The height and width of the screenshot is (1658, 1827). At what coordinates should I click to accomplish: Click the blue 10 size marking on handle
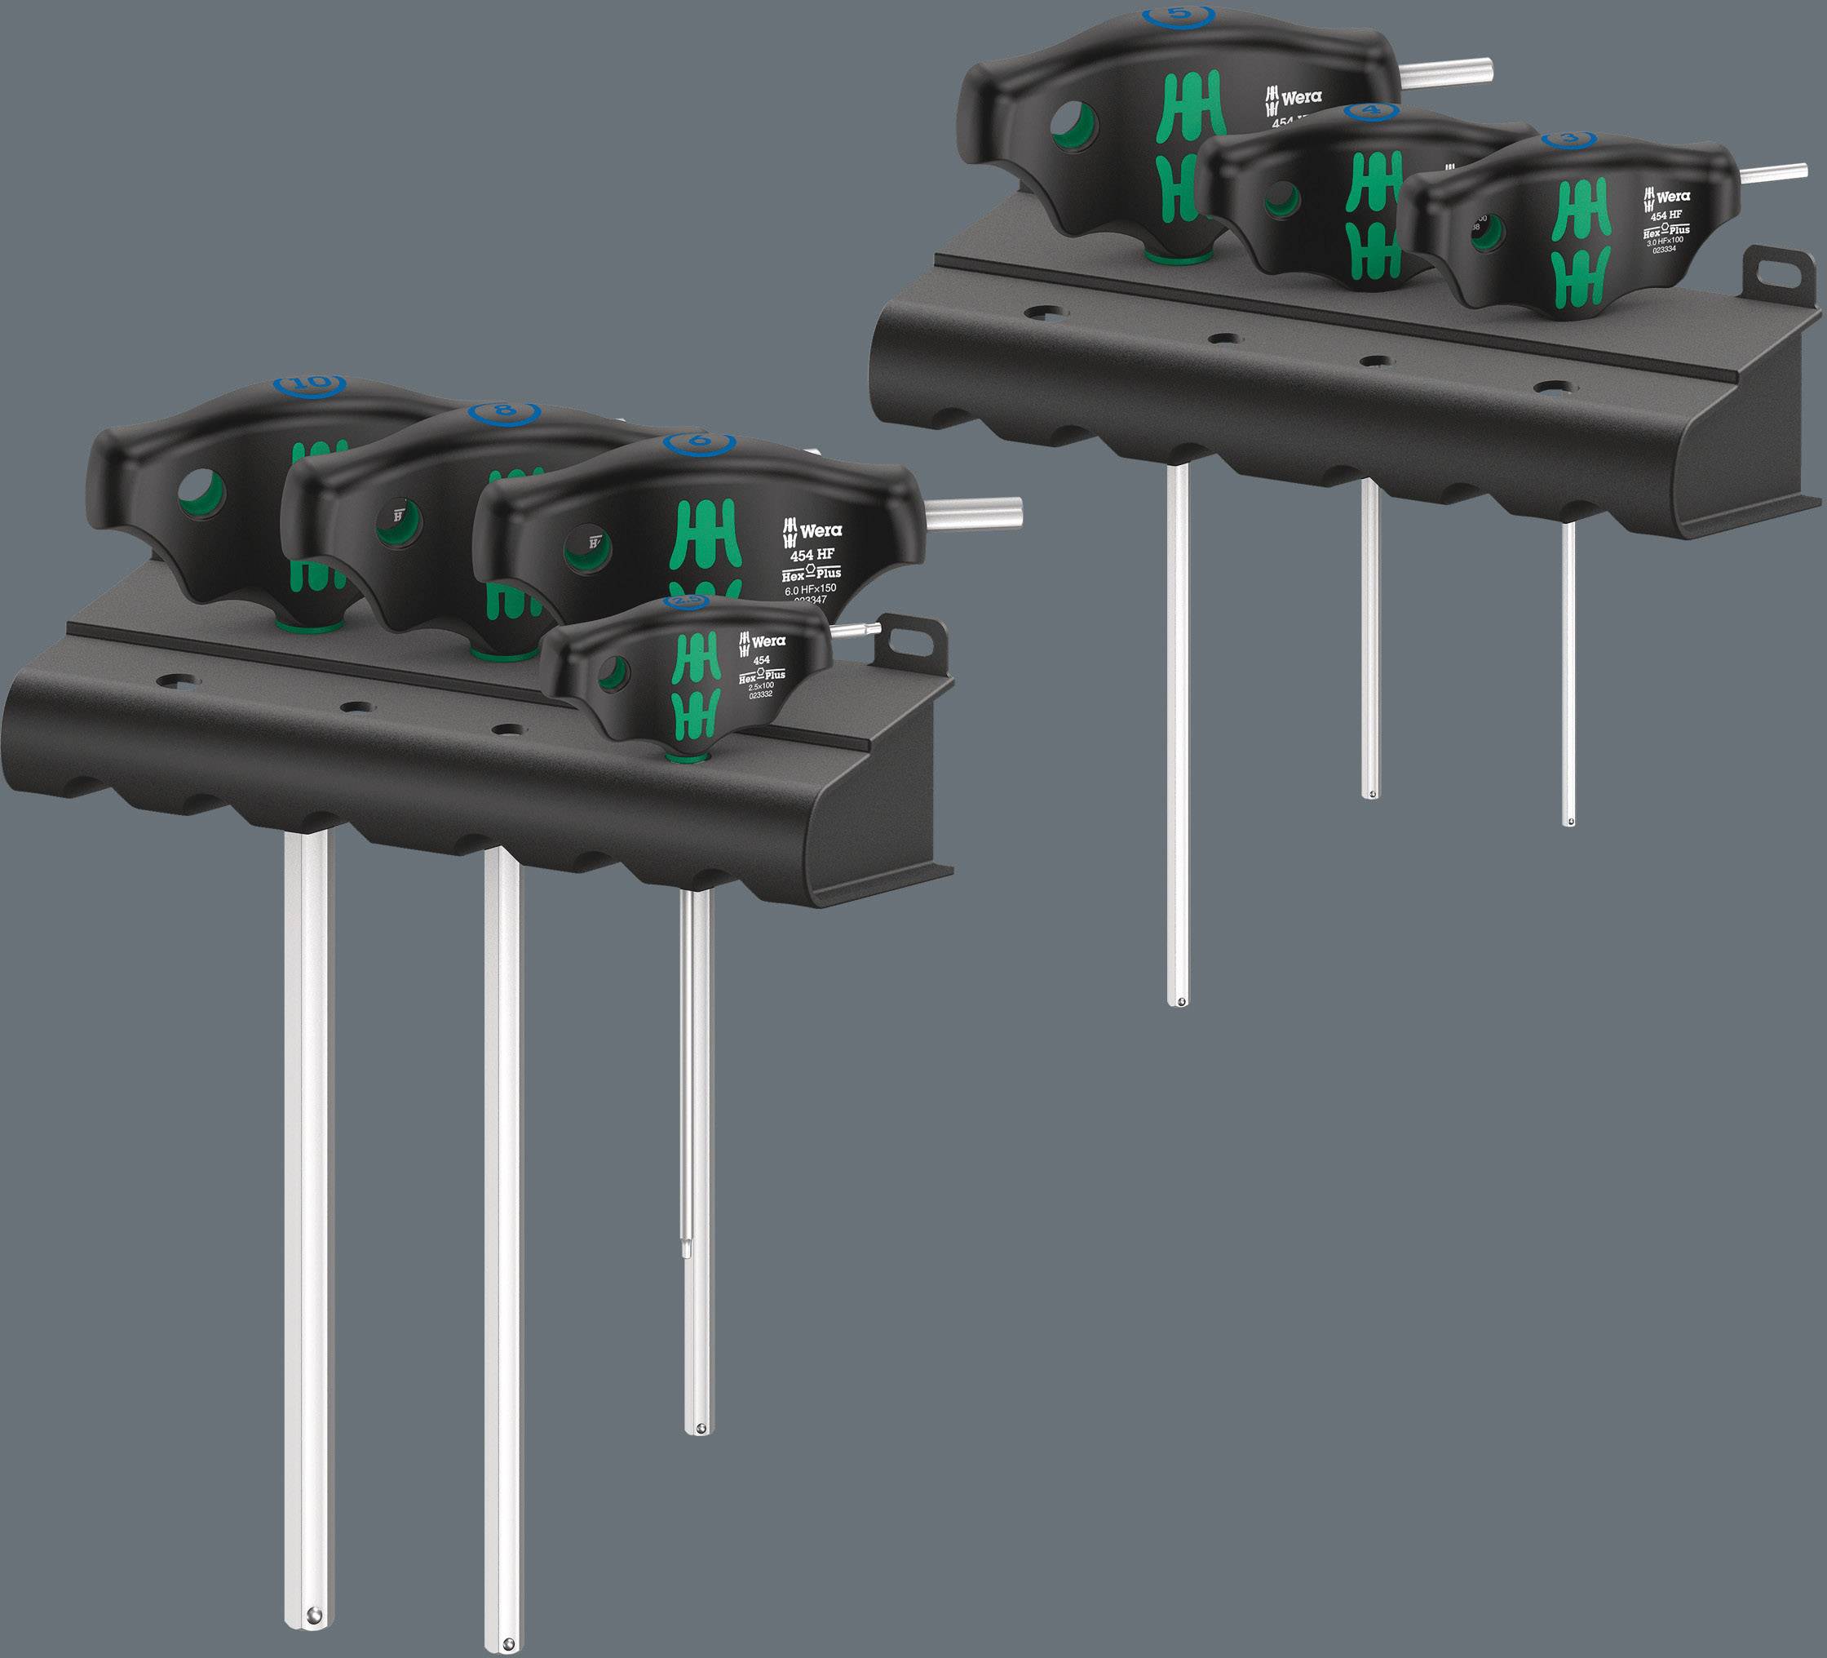coord(312,382)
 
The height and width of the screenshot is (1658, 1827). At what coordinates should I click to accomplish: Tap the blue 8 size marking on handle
coord(504,410)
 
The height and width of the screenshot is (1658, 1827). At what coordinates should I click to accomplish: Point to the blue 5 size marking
coord(1176,15)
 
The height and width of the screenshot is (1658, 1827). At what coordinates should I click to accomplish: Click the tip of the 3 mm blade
coord(1569,822)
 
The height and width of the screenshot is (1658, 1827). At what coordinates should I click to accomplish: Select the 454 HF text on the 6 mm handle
coord(811,555)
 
